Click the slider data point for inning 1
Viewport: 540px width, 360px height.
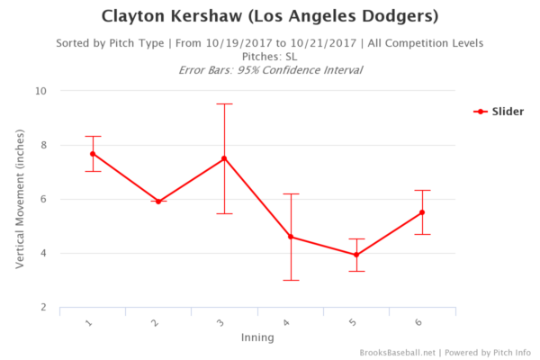pos(93,154)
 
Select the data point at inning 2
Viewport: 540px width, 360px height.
pos(158,202)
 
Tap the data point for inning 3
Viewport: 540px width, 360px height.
pos(224,158)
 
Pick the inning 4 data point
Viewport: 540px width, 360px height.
pos(291,237)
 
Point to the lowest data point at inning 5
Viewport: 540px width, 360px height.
pos(356,255)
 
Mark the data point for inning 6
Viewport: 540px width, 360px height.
pos(422,212)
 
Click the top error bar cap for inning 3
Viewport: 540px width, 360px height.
pos(224,103)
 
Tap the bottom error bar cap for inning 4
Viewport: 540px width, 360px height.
pos(291,280)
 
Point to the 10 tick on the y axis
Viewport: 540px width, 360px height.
pos(41,91)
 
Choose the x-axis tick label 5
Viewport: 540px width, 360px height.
pos(354,323)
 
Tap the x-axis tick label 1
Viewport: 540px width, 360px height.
pos(90,323)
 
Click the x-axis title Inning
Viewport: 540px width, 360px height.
pos(257,338)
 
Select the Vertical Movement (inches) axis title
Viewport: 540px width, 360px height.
pos(20,200)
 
